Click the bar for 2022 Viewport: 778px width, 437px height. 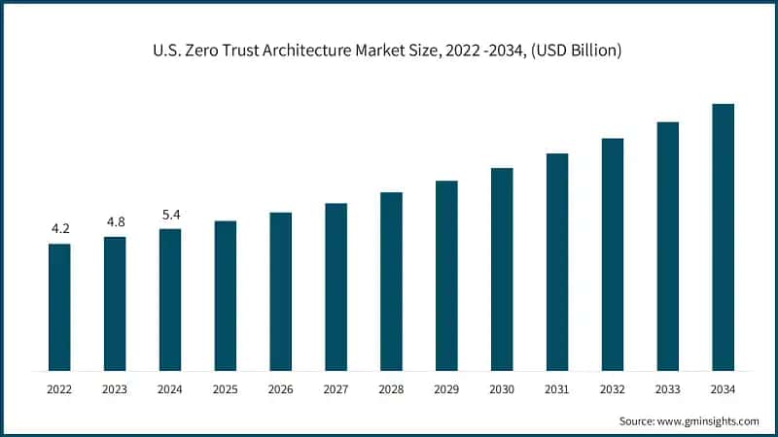(x=59, y=307)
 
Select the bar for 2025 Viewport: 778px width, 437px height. (x=226, y=295)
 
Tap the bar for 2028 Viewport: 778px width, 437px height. (x=391, y=282)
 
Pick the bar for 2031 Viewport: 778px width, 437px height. (x=556, y=262)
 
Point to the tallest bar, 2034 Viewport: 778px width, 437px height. (x=723, y=237)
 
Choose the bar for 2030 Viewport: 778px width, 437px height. (x=502, y=269)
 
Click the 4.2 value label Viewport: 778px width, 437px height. (x=60, y=229)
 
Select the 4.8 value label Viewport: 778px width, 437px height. (x=115, y=222)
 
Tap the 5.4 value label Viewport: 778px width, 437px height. (x=170, y=215)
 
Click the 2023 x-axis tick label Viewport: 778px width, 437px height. (x=115, y=388)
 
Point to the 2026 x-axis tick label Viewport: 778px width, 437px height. (x=281, y=388)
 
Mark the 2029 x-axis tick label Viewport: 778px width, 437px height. (x=446, y=388)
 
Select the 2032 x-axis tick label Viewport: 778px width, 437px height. (x=612, y=388)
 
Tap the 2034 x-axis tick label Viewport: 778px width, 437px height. (x=723, y=388)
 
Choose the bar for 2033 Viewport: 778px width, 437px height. (x=667, y=247)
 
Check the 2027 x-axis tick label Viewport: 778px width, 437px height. (x=336, y=388)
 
